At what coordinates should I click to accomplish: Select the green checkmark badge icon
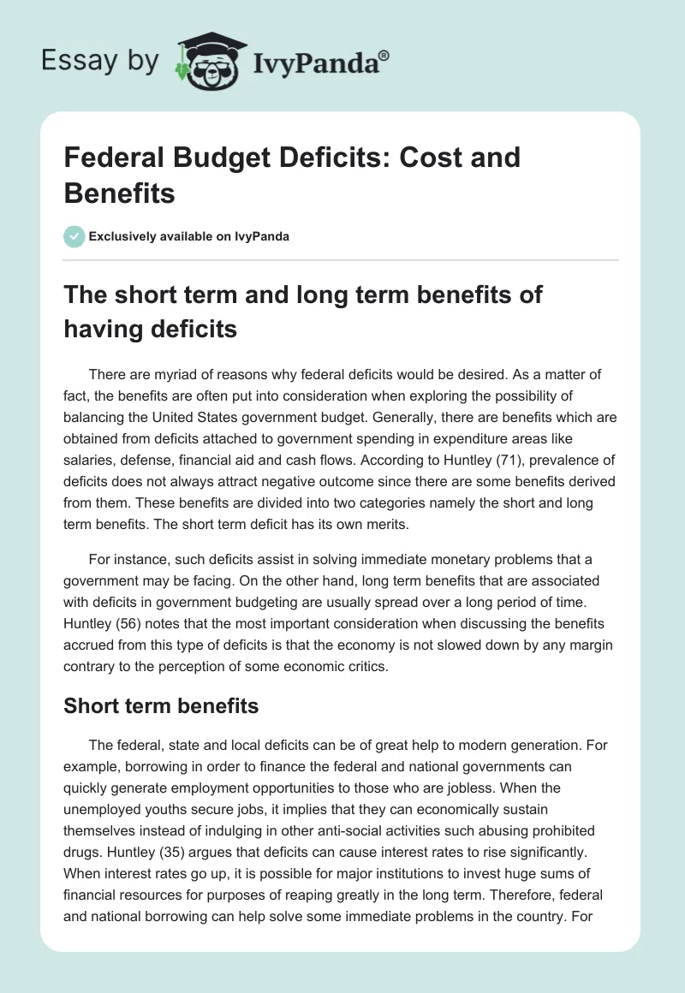click(74, 236)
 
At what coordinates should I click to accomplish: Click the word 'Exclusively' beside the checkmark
click(123, 236)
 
